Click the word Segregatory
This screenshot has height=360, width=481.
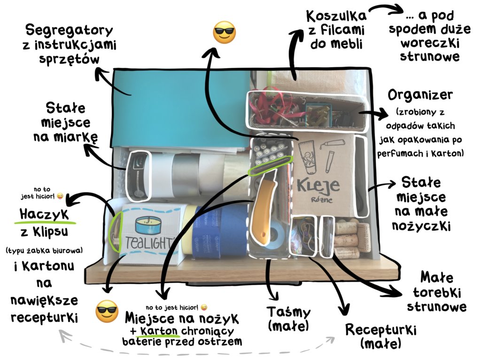[x=69, y=31]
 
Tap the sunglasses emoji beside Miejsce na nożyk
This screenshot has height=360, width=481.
[x=107, y=311]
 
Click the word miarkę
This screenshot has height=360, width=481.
[x=65, y=137]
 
